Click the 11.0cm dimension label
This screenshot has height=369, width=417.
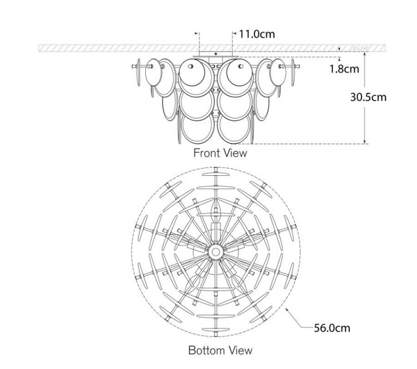pos(256,33)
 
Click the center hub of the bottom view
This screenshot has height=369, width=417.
pos(215,249)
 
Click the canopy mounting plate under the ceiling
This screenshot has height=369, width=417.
pos(215,55)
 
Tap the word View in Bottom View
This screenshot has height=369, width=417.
pos(238,351)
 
